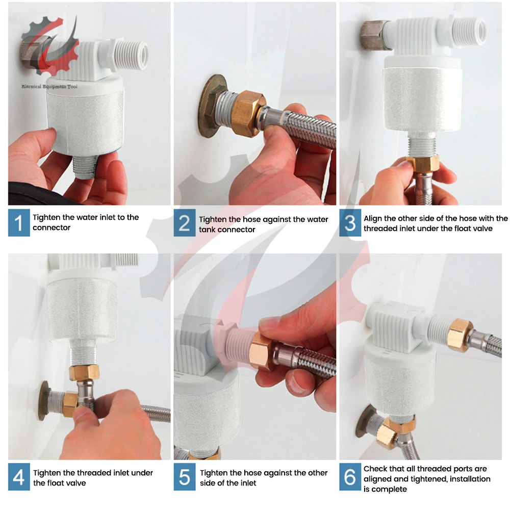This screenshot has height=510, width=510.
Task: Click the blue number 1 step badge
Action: tap(19, 223)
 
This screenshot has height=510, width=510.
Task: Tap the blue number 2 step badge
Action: tap(185, 223)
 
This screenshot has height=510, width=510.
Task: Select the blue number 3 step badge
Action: tap(350, 223)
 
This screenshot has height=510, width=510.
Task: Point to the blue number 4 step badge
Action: tap(19, 477)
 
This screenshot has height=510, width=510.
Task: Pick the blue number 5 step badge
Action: tap(185, 477)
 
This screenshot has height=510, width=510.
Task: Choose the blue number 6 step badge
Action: tap(350, 477)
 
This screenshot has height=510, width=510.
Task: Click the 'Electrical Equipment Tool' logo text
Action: tap(49, 87)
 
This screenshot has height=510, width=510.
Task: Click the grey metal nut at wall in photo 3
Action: tap(374, 35)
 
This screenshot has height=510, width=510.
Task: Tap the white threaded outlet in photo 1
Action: tap(133, 55)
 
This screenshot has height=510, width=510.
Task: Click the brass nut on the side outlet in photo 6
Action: tap(460, 336)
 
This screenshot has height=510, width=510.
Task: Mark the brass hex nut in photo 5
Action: tap(262, 351)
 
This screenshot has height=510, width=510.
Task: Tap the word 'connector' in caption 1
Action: tap(52, 227)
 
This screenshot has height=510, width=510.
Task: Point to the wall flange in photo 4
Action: tap(43, 401)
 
